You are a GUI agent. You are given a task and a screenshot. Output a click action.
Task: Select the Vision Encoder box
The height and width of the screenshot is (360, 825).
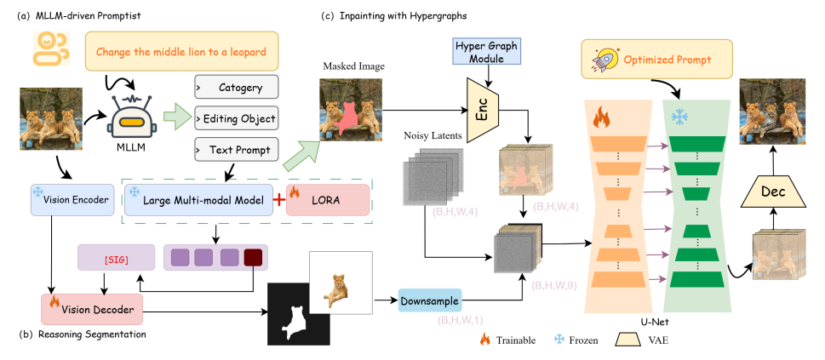pos(72,199)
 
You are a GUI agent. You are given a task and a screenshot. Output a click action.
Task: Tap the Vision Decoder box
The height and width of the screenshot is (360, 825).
pos(92,309)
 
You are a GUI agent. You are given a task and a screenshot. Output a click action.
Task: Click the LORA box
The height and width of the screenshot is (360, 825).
pos(328,199)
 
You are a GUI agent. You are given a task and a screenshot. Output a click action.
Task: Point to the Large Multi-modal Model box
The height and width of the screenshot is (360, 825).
pos(198,199)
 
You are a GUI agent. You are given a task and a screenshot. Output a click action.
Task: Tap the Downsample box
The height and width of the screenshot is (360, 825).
pos(429,301)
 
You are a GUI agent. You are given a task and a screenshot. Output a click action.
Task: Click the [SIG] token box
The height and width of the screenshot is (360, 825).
pos(116,257)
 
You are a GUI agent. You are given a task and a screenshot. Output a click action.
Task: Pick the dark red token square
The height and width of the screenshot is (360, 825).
pos(253,258)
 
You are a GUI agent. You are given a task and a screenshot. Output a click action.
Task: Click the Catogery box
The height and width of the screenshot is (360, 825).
pos(236,88)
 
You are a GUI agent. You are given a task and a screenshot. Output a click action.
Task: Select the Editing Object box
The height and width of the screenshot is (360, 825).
pos(236,119)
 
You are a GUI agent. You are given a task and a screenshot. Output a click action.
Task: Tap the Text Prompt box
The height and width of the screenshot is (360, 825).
pos(236,150)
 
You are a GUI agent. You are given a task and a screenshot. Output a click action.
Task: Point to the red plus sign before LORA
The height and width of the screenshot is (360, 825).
pos(279,199)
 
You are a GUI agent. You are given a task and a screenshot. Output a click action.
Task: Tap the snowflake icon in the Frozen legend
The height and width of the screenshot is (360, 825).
pos(558,340)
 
